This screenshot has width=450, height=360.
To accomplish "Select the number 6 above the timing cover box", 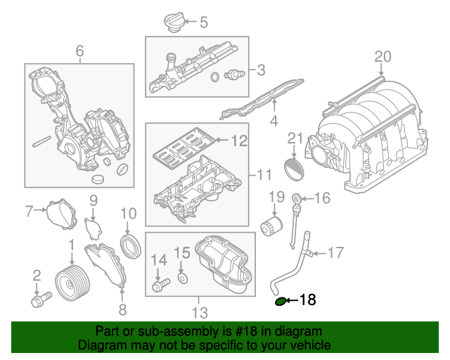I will pos(79,51).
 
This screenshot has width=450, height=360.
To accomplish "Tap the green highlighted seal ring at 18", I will pos(281,302).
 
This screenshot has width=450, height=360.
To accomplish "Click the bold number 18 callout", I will pos(308,301).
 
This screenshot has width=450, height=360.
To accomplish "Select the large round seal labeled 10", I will pos(130,247).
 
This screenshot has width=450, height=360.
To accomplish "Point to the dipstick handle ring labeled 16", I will pos(297,198).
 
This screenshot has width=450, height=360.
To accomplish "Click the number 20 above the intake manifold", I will pos(382,56).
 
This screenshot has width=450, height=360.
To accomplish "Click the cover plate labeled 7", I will pos(62,216).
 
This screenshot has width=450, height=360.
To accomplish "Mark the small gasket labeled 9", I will pos(93,229).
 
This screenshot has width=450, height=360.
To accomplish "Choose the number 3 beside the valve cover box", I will pos(261,70).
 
